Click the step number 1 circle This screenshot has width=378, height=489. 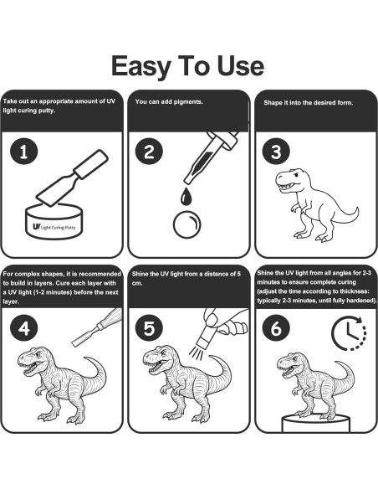[x=24, y=152]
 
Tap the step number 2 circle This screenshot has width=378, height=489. [x=149, y=152]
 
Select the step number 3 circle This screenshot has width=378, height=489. [x=276, y=152]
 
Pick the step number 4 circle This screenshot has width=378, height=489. [x=24, y=328]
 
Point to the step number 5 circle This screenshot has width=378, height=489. [x=149, y=328]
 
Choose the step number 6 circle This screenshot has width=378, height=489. [x=276, y=328]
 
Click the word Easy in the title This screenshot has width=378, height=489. [x=141, y=67]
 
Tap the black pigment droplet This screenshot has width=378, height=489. [x=186, y=197]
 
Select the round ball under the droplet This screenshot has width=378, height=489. [x=186, y=224]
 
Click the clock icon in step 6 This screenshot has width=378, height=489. [x=349, y=333]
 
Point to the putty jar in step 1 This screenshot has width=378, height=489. [x=54, y=221]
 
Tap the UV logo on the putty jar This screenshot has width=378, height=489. [x=37, y=227]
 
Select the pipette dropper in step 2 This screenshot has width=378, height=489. [x=211, y=157]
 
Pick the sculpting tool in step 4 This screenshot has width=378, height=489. [x=97, y=327]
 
